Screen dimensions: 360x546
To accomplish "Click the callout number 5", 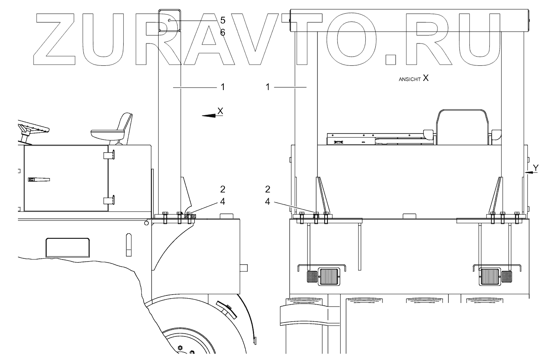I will pyautogui.click(x=223, y=20).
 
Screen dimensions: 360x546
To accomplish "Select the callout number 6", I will pyautogui.click(x=223, y=33).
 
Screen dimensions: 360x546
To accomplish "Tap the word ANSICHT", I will pyautogui.click(x=409, y=79).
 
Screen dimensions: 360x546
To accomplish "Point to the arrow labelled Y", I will pyautogui.click(x=532, y=172).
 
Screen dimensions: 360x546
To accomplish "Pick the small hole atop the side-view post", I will pyautogui.click(x=169, y=20).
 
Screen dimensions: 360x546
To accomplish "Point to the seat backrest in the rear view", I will pyautogui.click(x=463, y=126).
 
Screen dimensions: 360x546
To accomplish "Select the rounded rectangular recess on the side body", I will pyautogui.click(x=67, y=247).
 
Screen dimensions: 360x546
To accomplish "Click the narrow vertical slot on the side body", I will pyautogui.click(x=129, y=244).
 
